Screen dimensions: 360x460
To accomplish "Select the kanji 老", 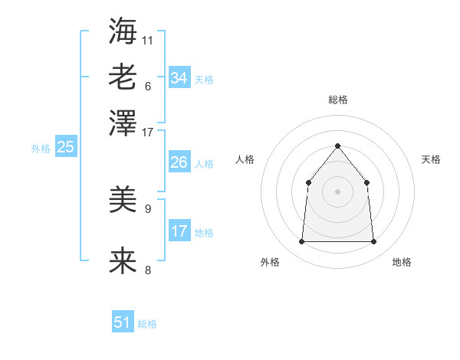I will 123,77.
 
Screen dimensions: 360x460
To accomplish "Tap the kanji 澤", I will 123,123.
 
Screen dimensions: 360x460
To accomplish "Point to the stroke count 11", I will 148,39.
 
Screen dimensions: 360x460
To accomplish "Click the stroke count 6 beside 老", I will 148,86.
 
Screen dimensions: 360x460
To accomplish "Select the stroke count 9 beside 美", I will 148,208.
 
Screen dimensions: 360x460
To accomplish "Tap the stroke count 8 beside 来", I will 148,270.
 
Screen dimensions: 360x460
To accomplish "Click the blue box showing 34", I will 179,78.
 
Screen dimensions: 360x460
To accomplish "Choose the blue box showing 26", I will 179,162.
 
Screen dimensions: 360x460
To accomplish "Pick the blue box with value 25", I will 65,147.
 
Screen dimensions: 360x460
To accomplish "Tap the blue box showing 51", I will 123,322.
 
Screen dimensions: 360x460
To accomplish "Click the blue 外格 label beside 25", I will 40,149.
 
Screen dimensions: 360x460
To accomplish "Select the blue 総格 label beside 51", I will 147,324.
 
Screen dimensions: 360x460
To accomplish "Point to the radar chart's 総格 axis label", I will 337,100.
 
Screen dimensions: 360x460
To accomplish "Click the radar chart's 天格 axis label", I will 431,159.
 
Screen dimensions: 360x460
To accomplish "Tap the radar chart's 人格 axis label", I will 245,159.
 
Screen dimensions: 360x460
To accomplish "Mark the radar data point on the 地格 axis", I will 373,242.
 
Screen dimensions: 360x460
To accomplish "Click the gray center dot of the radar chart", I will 337,191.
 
